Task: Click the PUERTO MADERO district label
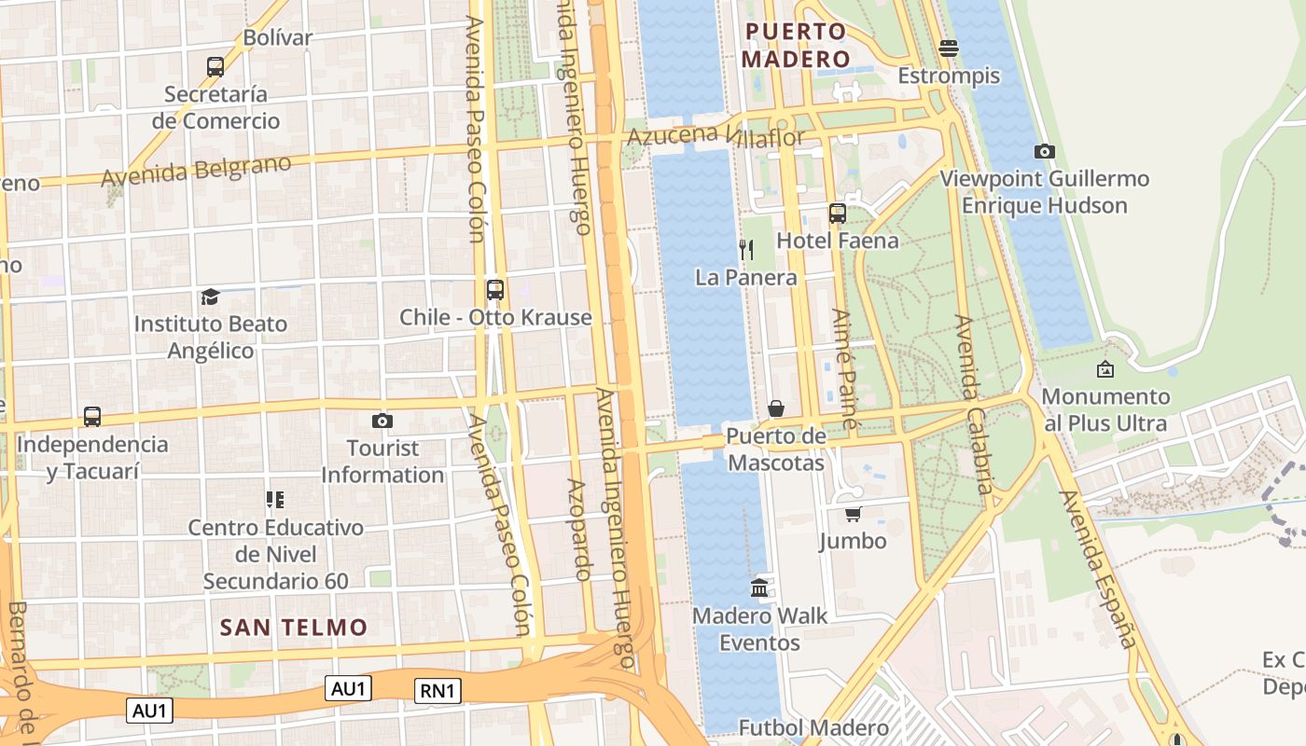(797, 46)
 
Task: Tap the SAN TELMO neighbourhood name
(294, 628)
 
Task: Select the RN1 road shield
(438, 691)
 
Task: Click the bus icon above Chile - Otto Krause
(495, 290)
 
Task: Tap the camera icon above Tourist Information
(382, 421)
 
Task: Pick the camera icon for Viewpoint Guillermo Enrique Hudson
(1045, 151)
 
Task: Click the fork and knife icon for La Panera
(746, 249)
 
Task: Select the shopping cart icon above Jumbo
(853, 514)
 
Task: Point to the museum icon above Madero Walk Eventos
(759, 588)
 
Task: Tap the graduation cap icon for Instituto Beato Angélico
(210, 297)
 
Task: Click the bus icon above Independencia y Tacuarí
(92, 417)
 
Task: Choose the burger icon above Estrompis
(949, 48)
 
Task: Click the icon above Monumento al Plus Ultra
(1105, 369)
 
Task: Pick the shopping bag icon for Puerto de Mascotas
(776, 408)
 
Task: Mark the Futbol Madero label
(813, 727)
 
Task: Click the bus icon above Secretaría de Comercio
(215, 67)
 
